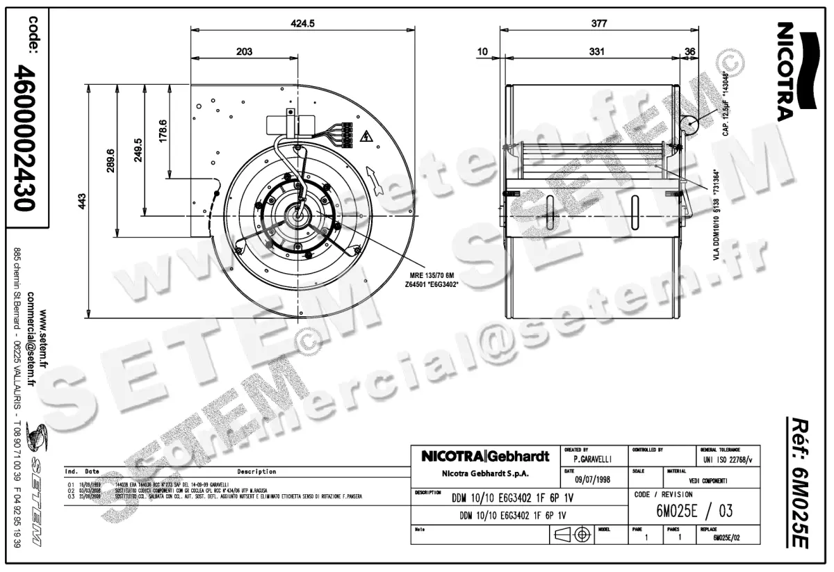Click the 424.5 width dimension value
302,23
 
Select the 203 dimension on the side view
244,51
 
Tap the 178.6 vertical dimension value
163,131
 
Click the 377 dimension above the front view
598,23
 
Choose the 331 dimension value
596,51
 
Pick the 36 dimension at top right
689,51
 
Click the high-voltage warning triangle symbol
366,136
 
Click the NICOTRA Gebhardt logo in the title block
485,457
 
